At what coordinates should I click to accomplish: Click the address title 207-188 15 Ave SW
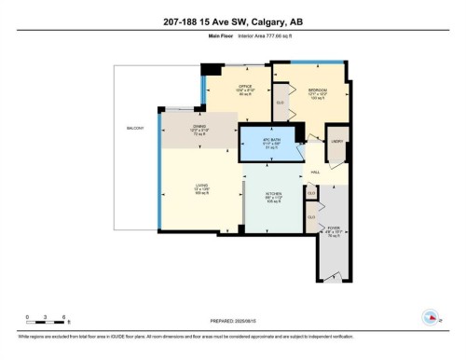(232, 21)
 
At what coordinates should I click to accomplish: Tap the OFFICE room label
(219, 89)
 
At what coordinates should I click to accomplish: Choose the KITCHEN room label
(274, 197)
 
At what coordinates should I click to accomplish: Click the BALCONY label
(136, 128)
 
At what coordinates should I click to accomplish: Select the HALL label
(315, 172)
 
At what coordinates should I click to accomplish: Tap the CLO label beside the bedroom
(280, 104)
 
